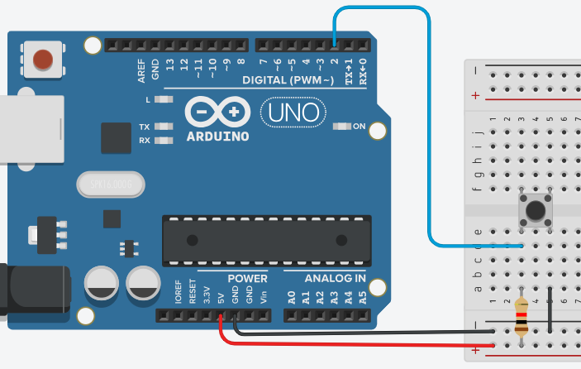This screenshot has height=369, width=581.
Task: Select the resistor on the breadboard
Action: tap(521, 318)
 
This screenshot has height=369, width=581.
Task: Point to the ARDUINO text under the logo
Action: tap(217, 136)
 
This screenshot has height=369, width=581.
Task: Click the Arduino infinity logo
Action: tap(217, 113)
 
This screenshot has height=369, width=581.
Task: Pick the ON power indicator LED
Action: tap(341, 127)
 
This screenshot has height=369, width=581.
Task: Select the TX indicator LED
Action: tap(164, 127)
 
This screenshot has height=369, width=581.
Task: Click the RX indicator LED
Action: tap(164, 140)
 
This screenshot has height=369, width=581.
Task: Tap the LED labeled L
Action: tap(163, 99)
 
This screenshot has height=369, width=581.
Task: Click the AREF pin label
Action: tap(141, 68)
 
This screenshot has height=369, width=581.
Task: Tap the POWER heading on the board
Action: tap(247, 278)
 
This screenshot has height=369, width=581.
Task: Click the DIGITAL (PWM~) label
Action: tap(288, 80)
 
